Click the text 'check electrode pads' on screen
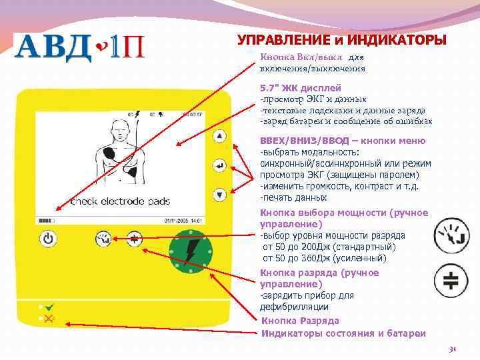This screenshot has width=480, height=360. (x=120, y=201)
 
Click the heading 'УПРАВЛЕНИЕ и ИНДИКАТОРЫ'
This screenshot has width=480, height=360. (x=342, y=40)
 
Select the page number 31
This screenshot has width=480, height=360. (x=453, y=349)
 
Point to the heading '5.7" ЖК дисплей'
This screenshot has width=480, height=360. (x=301, y=88)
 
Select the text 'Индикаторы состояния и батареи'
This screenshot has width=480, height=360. (x=343, y=333)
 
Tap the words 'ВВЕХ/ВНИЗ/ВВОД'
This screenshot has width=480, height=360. (x=303, y=141)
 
